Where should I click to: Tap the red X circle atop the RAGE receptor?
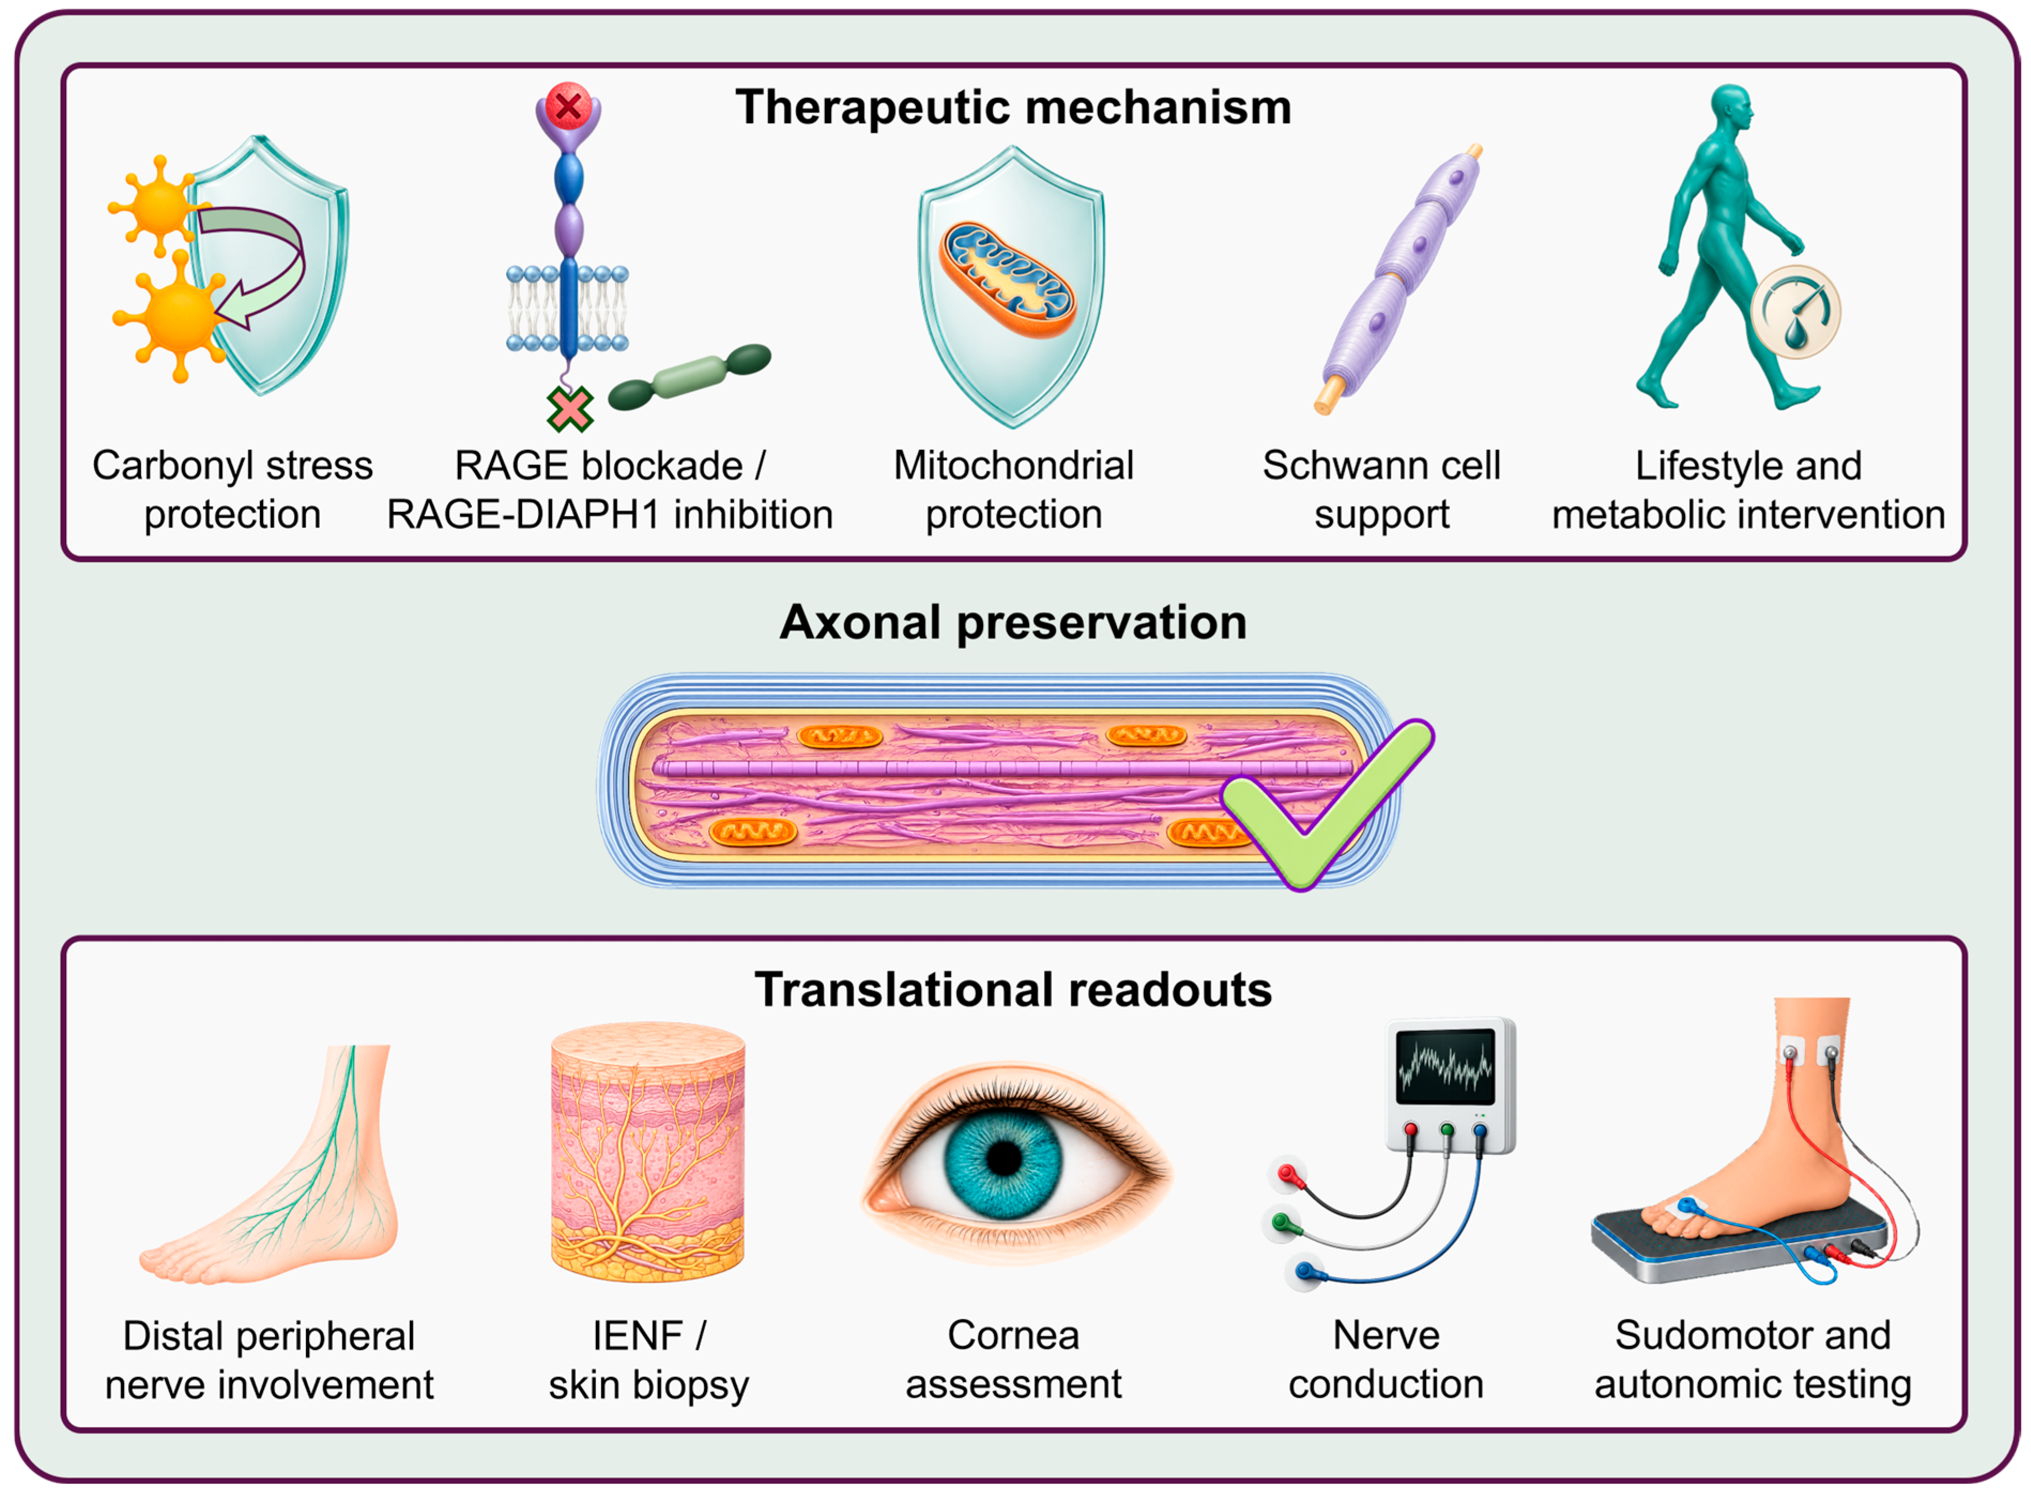click(x=568, y=107)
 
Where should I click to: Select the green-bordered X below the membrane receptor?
click(x=570, y=409)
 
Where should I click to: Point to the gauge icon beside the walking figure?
click(x=1796, y=312)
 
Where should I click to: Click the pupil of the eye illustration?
click(x=1004, y=1159)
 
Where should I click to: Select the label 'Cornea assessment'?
click(x=1014, y=1359)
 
